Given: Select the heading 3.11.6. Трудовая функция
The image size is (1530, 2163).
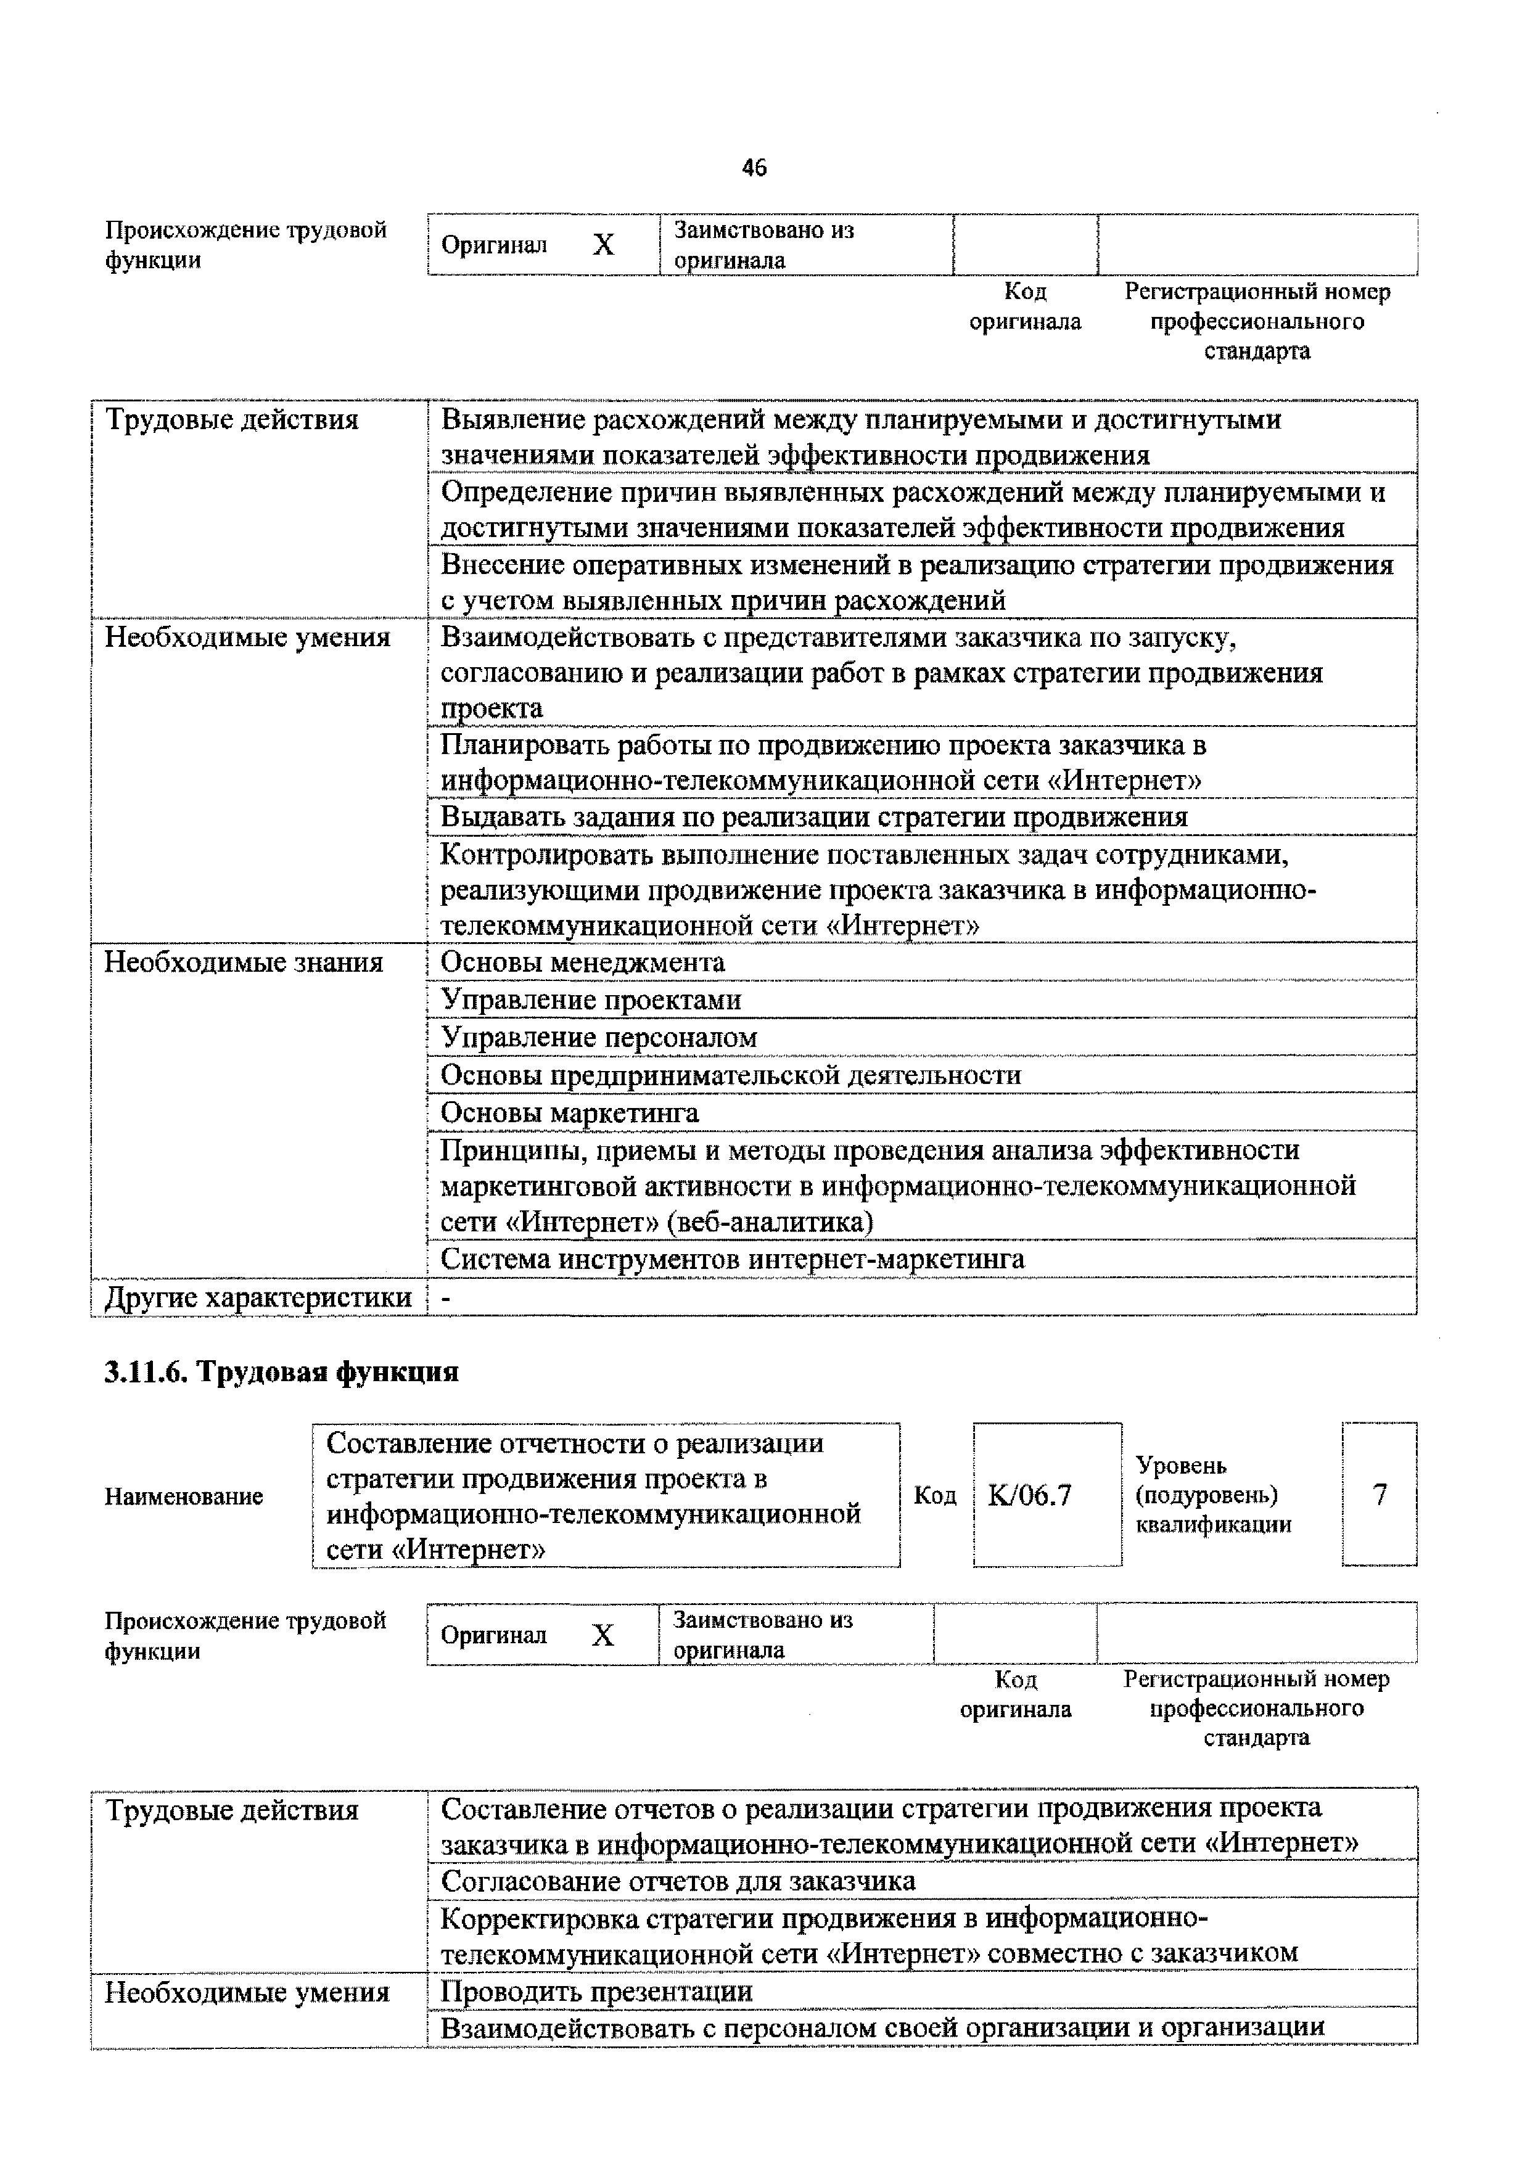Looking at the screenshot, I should [x=281, y=1372].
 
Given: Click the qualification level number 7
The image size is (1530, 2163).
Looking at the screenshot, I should [x=1380, y=1495].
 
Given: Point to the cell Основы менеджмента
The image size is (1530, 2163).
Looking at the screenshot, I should [x=582, y=962].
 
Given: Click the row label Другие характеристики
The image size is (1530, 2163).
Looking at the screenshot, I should [x=257, y=1297].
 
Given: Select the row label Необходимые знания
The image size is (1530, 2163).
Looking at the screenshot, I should [x=243, y=962].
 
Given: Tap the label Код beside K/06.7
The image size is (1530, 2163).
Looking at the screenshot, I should [x=934, y=1496].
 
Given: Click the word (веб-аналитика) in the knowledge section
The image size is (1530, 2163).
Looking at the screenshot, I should [x=770, y=1222].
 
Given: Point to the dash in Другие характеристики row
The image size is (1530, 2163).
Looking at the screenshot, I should [x=446, y=1298].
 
